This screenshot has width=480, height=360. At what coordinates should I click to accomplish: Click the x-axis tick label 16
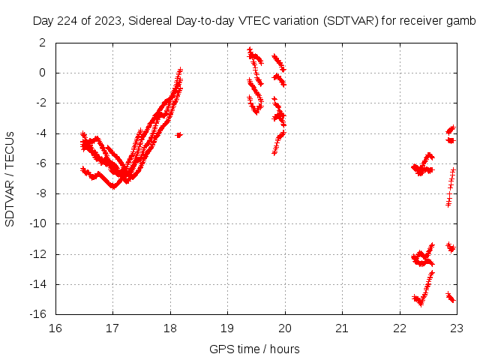55,328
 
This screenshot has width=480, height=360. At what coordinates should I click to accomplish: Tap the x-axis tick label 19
227,328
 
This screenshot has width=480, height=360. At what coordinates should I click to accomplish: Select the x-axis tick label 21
342,328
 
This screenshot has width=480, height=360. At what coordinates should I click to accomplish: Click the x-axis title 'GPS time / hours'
255,349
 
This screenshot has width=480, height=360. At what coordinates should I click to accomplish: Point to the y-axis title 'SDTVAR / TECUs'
10,178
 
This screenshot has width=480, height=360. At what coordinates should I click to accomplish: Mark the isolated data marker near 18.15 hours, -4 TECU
178,135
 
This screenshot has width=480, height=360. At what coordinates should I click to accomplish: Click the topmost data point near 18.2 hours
180,70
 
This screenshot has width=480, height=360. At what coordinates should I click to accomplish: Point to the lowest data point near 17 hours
113,186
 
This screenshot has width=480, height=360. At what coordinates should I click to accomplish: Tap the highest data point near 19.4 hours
249,49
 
